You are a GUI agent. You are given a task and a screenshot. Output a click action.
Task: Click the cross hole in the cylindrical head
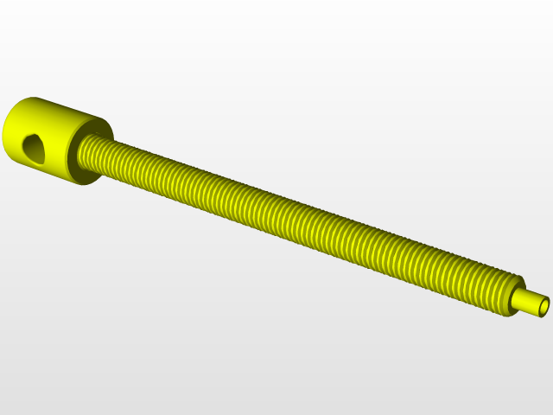tap(32, 148)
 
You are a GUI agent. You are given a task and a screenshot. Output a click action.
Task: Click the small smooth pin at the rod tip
tap(526, 302)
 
